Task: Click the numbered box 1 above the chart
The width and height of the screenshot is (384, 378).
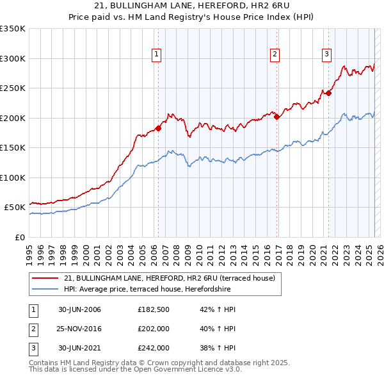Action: [x=157, y=55]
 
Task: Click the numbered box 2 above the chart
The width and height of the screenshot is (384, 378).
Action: [x=275, y=55]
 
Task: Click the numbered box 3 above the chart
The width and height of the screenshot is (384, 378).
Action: [x=326, y=55]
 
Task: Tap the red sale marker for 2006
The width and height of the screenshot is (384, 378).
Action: [x=158, y=127]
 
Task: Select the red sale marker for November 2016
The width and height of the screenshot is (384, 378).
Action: [x=276, y=117]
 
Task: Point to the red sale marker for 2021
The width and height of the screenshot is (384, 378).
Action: [x=329, y=93]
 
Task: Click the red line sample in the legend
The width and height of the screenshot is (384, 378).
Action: [x=45, y=278]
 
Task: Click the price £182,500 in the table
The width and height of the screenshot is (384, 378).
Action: [x=153, y=309]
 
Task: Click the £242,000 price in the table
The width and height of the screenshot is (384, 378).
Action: [x=153, y=348]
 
